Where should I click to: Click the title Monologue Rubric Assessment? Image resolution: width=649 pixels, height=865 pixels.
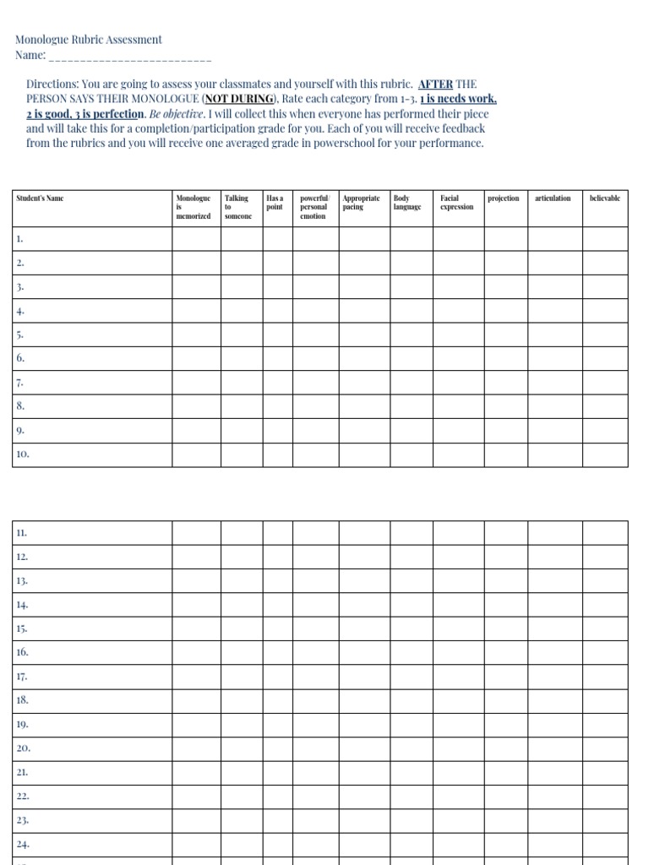88,40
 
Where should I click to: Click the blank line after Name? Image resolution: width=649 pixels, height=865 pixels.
130,57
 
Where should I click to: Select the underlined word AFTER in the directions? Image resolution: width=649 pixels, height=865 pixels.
435,84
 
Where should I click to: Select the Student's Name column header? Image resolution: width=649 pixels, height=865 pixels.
40,199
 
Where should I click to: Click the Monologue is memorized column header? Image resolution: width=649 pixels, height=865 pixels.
194,207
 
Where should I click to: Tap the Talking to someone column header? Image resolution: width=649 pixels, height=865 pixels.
237,207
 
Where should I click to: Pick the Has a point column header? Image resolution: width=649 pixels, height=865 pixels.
275,203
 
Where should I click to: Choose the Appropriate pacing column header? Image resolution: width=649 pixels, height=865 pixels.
361,203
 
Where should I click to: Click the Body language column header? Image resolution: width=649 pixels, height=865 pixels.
407,203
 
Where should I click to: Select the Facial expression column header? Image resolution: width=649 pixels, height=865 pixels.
456,203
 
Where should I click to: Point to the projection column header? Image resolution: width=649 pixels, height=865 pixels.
504,199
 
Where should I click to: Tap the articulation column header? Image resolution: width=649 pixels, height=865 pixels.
553,199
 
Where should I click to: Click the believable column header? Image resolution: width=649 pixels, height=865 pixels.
604,199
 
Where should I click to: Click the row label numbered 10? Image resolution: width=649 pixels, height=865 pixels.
24,454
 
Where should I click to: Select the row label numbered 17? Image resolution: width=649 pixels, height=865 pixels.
22,677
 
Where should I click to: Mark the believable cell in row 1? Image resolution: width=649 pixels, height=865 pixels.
603,239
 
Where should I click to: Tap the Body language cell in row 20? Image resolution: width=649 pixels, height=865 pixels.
412,748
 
